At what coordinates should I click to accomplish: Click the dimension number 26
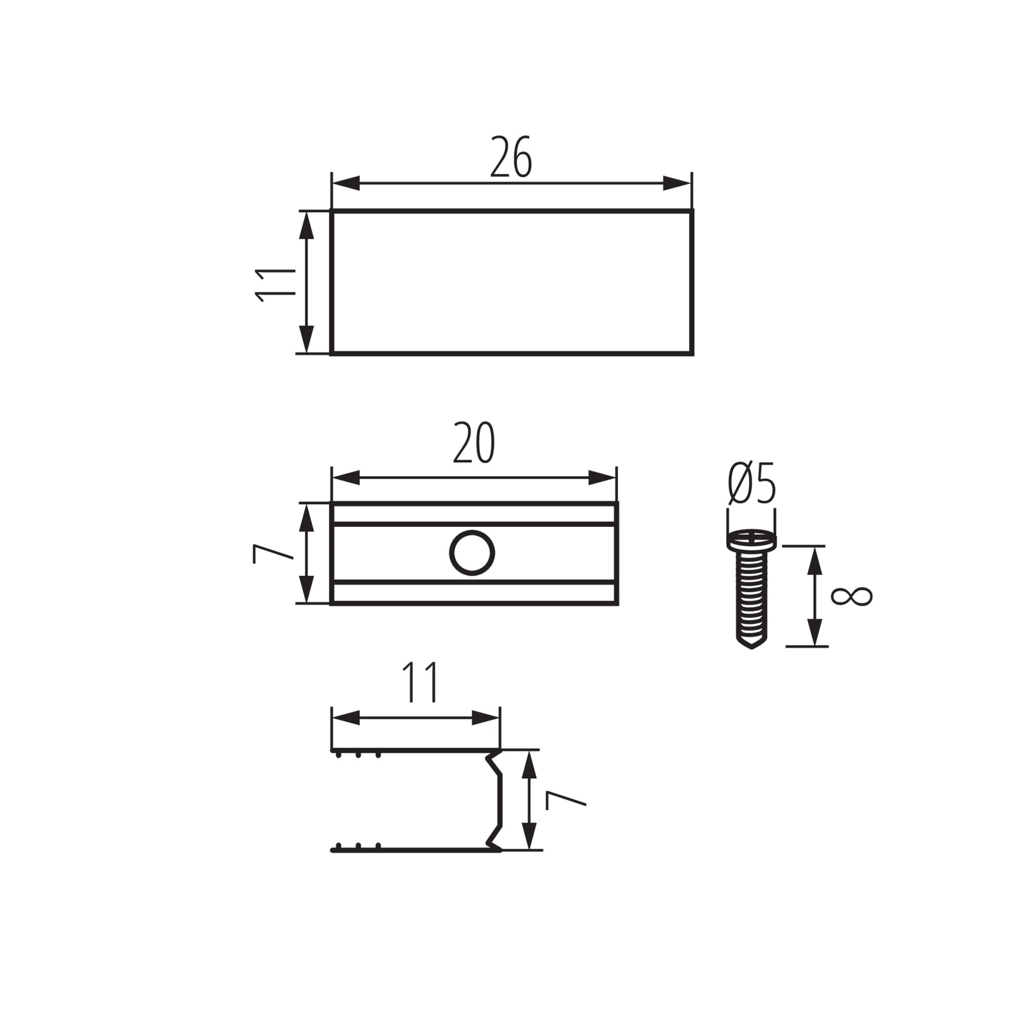(x=511, y=157)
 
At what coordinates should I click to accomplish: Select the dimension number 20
(x=474, y=443)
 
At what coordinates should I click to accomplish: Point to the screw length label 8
(x=851, y=596)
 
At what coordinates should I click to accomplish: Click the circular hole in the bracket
(x=472, y=552)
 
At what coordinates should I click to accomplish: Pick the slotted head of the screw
(x=752, y=540)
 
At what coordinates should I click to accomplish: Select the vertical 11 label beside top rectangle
(x=275, y=285)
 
